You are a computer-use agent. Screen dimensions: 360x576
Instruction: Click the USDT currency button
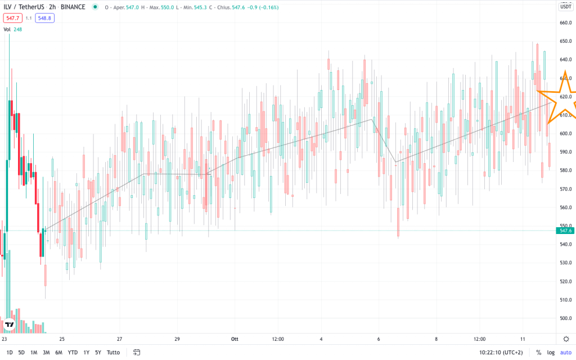coord(565,7)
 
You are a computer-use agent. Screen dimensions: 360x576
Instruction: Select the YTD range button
coord(73,353)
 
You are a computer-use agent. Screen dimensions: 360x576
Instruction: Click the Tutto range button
coord(113,353)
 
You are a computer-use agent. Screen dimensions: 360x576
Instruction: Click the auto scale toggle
coord(565,353)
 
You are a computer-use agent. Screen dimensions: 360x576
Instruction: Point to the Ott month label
coord(235,339)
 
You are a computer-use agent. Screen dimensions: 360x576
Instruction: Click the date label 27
coord(120,339)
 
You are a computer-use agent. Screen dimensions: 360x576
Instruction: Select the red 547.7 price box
coord(12,18)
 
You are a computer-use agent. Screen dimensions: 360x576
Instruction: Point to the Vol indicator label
coord(7,29)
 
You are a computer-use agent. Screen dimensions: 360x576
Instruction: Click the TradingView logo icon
coord(9,325)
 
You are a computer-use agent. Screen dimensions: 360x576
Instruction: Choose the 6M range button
coord(59,353)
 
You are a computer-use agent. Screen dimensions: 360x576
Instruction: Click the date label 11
coord(523,339)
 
